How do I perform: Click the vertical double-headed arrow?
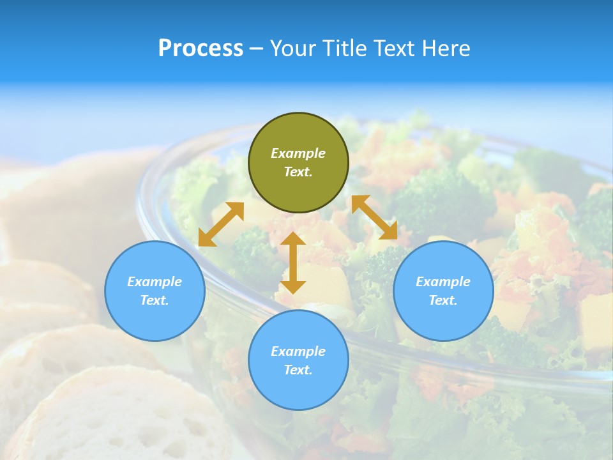coord(293,263)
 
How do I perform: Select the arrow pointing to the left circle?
coord(221,224)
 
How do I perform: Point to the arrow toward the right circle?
coord(374,217)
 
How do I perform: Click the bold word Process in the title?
coord(201,48)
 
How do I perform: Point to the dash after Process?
coord(256,49)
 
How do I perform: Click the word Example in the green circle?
coord(298,153)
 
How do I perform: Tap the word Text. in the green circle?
coord(298,172)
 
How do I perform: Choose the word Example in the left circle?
coord(155,282)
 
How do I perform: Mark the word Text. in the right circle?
coord(443,300)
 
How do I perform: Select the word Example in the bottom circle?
coord(298,351)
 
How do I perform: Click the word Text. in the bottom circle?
coord(298,370)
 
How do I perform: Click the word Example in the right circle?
coord(443,282)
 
